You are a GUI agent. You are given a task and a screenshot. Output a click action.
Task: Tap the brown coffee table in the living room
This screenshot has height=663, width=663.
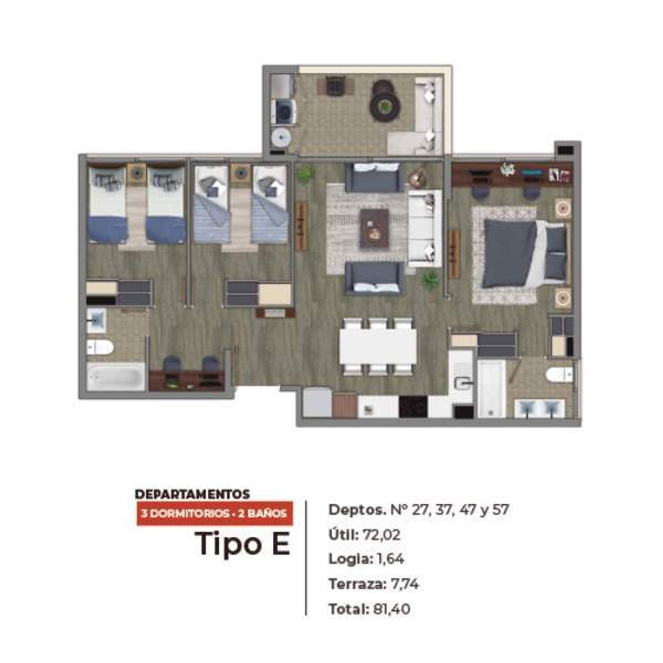pos(374,229)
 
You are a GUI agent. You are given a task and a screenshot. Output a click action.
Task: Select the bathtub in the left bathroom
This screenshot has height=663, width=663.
pos(116,377)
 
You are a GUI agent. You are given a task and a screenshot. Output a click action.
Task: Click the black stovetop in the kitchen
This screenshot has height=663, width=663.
pos(413,407)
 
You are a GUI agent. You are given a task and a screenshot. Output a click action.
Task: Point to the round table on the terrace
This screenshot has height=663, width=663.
pos(386,105)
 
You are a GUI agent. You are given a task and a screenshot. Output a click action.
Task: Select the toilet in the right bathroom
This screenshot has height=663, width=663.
pos(560,375)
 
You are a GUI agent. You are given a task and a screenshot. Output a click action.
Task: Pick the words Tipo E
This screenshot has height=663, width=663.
pos(243,544)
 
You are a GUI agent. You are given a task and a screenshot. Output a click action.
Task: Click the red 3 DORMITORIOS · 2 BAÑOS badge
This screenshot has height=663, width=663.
pos(214,514)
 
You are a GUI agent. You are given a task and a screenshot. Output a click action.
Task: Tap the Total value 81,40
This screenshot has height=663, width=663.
pos(392,609)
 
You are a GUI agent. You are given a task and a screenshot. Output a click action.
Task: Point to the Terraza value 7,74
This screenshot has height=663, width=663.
pos(405,584)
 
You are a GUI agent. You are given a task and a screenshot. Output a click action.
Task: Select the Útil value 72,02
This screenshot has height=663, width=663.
pos(381,535)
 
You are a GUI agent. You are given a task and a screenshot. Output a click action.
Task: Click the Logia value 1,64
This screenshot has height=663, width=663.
pos(391,559)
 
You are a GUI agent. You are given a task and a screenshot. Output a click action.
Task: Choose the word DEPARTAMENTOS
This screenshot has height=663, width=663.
pos(192,494)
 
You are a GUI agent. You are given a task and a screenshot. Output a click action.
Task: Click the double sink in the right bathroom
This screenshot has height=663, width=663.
pos(539,408)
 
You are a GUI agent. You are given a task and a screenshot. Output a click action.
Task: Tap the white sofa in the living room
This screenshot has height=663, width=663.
pos(425,228)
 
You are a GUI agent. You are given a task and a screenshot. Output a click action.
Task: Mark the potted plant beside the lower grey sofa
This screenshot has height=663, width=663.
pos(430,280)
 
